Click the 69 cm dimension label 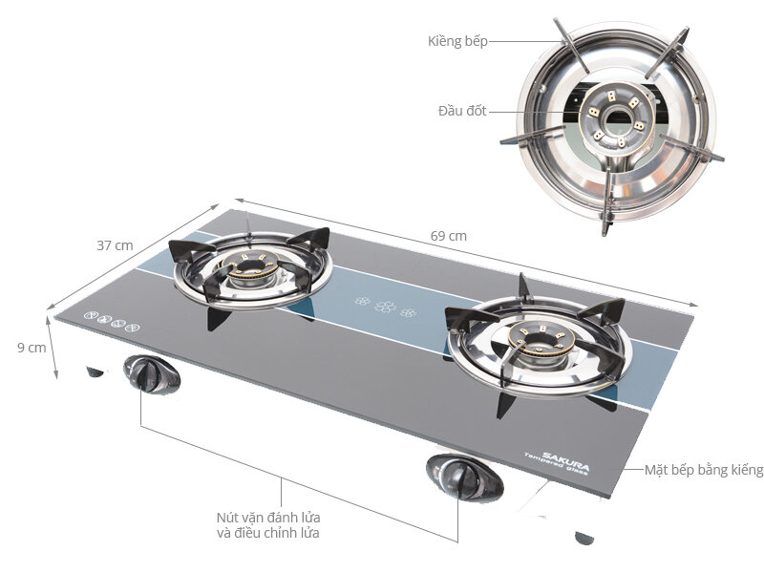coord(449,236)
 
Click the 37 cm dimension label coord(115,245)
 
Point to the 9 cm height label coord(31,348)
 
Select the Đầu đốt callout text coord(462,111)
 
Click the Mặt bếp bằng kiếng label coord(704,470)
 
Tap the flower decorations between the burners coord(387,308)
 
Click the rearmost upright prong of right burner coord(523,286)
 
